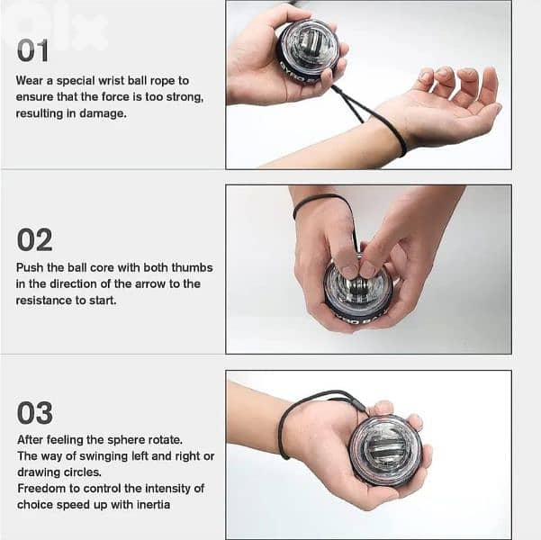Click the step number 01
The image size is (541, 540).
click(x=33, y=51)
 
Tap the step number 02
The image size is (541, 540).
click(x=34, y=239)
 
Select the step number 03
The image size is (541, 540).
click(x=35, y=413)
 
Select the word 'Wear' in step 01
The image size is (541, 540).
click(x=30, y=81)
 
